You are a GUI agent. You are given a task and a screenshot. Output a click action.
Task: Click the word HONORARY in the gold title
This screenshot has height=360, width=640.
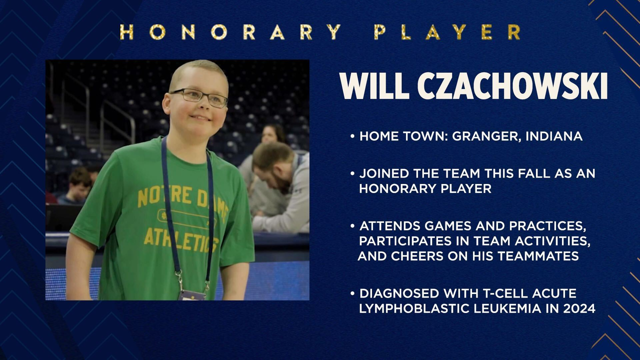pos(230,32)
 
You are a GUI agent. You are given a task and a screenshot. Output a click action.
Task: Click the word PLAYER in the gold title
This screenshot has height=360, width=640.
pos(447,32)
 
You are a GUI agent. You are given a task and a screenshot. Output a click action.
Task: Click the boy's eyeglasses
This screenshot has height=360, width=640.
pos(198,97)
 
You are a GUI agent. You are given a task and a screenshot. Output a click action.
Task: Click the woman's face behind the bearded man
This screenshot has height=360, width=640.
pos(270,135)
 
